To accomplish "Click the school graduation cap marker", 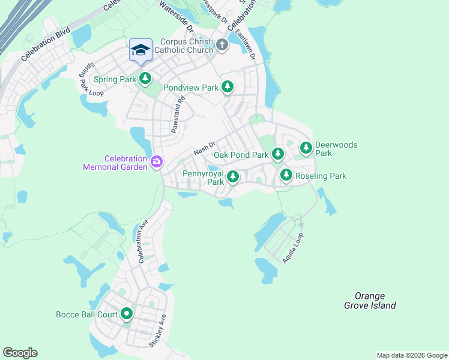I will click(x=140, y=50).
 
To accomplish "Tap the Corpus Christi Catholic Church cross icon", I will click(x=221, y=45).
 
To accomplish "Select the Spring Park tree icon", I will click(x=145, y=78).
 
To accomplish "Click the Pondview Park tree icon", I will click(x=228, y=88).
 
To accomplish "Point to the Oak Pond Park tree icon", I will click(x=277, y=155).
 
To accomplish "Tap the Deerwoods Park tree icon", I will click(x=306, y=147).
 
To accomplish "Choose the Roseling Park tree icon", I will click(x=286, y=176).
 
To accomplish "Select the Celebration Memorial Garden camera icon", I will click(x=157, y=161).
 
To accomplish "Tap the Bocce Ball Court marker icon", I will click(x=127, y=314).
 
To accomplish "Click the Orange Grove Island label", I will click(x=370, y=301).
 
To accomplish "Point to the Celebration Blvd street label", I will click(x=45, y=44).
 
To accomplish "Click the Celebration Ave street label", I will click(x=143, y=243).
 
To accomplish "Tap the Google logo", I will click(x=20, y=353).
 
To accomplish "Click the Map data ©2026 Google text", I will click(x=411, y=355).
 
